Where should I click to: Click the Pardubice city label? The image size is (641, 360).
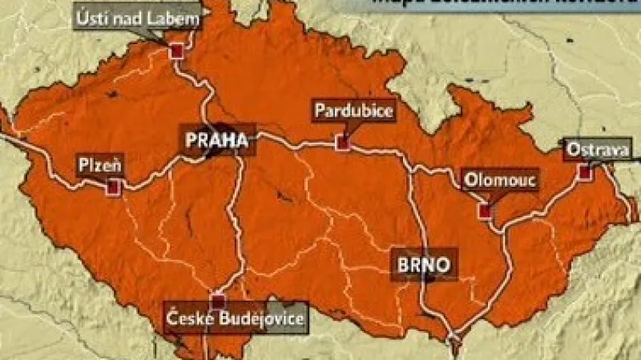[x=354, y=111]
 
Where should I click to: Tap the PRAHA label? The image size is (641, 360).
[x=216, y=141]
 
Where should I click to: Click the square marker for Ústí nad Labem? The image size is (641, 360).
[x=176, y=51]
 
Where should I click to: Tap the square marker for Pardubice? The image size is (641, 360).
[x=343, y=144]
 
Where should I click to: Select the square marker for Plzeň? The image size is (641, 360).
[x=113, y=187]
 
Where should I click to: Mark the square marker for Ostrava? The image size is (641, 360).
[x=584, y=172]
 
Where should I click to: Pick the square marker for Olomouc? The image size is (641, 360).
[x=484, y=210]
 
